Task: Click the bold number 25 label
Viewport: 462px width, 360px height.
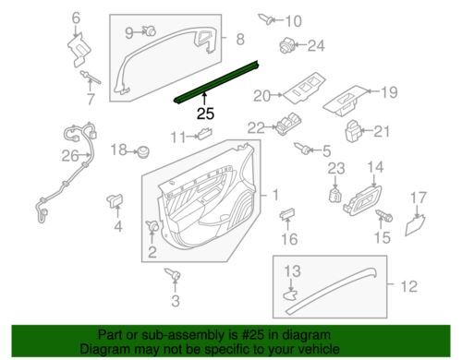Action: pos(205,114)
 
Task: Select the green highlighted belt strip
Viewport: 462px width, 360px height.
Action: pos(216,83)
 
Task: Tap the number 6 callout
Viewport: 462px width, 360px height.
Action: pos(76,18)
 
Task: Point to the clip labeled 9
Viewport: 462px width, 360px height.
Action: pos(150,30)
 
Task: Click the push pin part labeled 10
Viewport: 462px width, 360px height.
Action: pos(265,19)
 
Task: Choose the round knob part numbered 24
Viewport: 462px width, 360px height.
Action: pos(286,45)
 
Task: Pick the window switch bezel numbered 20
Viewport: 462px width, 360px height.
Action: pos(304,87)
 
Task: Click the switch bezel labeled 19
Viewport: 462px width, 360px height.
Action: pos(346,101)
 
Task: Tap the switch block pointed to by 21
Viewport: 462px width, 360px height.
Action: pos(353,131)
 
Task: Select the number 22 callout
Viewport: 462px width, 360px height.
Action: pos(256,127)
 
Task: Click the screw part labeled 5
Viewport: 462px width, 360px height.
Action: pos(302,149)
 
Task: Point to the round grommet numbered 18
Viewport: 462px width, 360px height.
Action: pos(142,150)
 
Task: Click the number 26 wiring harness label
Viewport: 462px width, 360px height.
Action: pos(70,155)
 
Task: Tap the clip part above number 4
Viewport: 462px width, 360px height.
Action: pos(115,200)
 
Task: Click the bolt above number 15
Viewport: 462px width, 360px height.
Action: pos(383,215)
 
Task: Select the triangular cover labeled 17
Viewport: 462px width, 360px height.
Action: pos(415,225)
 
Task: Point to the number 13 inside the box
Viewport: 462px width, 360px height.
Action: pos(292,271)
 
